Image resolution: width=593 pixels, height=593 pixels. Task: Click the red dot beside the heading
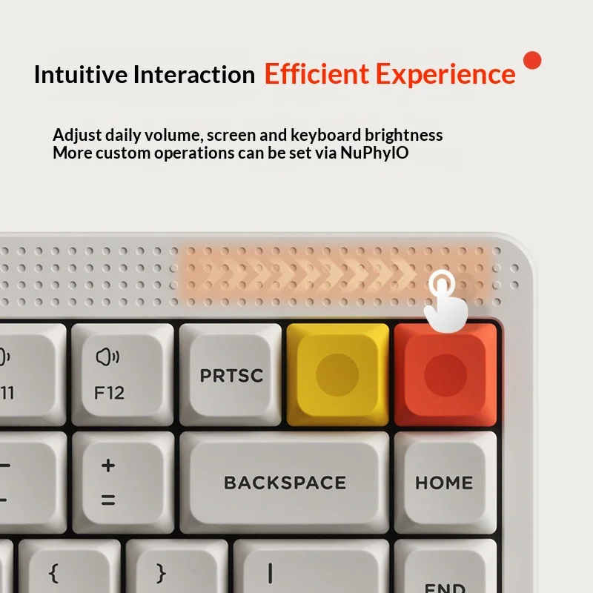(532, 61)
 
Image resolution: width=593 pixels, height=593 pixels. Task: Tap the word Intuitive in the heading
(81, 75)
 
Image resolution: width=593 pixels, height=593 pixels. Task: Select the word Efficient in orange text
(317, 73)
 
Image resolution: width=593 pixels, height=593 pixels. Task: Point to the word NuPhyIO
(374, 153)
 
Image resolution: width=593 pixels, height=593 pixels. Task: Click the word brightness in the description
(403, 135)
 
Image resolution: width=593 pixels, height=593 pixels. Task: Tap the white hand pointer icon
(445, 302)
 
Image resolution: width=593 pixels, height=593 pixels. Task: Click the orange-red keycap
(445, 374)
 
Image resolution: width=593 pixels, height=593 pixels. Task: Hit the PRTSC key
(231, 374)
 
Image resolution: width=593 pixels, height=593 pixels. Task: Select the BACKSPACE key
(285, 483)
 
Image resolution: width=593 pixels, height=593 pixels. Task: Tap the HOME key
(445, 483)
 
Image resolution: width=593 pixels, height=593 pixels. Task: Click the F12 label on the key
(109, 393)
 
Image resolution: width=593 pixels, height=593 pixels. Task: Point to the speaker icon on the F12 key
(107, 357)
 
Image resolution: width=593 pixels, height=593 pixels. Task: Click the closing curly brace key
(177, 566)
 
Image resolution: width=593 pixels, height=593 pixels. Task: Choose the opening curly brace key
(70, 566)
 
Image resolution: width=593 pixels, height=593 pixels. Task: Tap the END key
(445, 566)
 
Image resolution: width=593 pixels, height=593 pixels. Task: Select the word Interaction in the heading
(194, 75)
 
